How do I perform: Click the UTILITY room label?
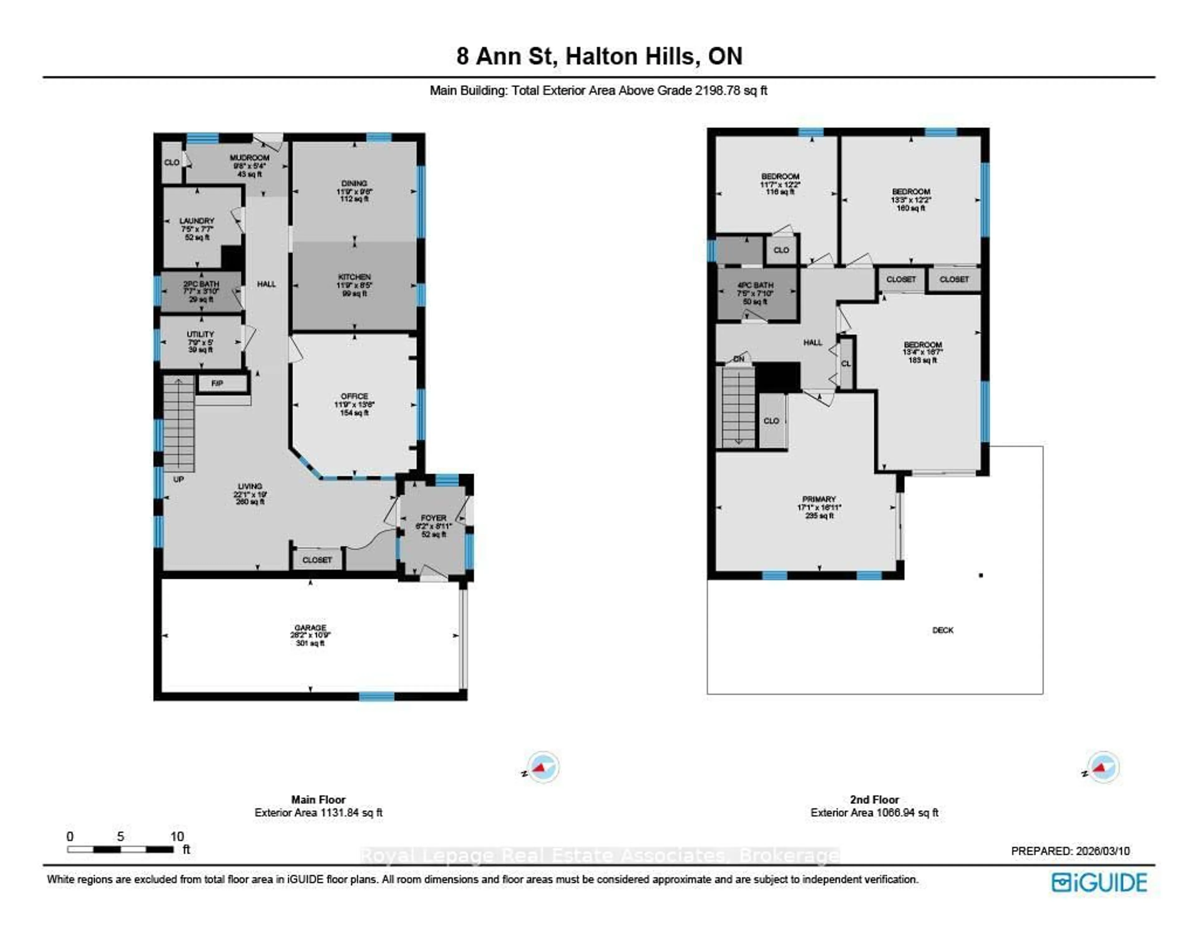[200, 334]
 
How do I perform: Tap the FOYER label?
[433, 518]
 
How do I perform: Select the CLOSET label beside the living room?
[317, 560]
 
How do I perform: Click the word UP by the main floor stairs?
[178, 479]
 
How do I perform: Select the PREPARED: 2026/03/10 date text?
[1070, 851]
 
